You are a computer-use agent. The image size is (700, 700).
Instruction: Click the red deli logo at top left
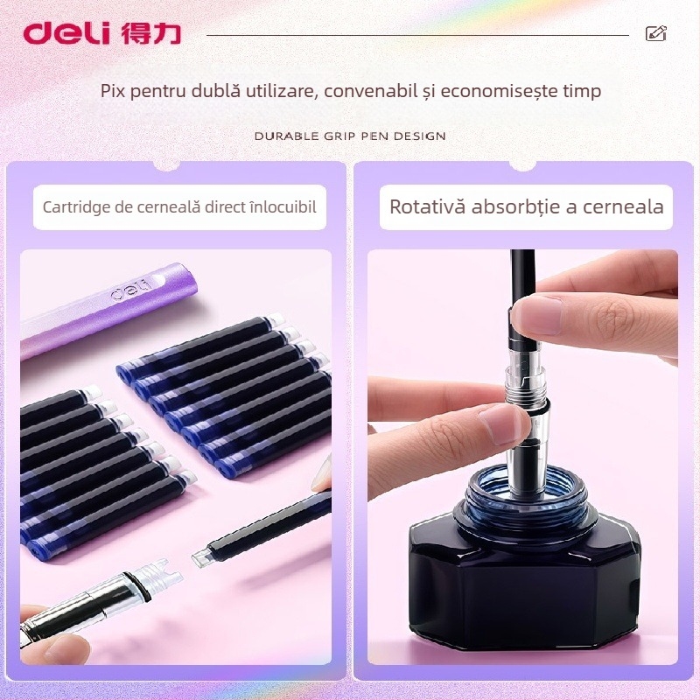pos(66,33)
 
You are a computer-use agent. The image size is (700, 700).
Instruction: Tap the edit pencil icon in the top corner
pos(655,34)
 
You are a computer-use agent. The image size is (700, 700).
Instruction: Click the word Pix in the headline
pos(112,91)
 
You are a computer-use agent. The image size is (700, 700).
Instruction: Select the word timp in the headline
pos(581,91)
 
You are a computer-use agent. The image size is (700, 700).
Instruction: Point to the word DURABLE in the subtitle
pos(282,136)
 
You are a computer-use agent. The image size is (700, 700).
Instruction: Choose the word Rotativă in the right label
pos(427,207)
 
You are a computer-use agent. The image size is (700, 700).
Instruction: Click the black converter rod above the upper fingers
pos(523,276)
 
